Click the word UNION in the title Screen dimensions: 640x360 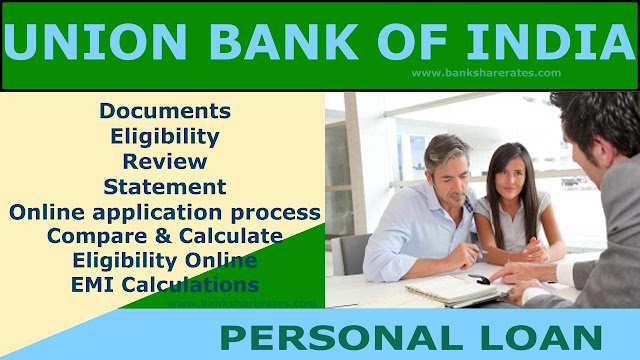(x=95, y=42)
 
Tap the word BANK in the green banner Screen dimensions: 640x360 (x=284, y=42)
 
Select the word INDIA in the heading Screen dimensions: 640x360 (x=551, y=42)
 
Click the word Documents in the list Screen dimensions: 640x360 (x=165, y=111)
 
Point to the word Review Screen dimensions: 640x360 (x=165, y=162)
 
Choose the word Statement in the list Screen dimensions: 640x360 (x=165, y=187)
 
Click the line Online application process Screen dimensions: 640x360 (x=165, y=213)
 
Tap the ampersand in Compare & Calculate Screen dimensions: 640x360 (x=163, y=236)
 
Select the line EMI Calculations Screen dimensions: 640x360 (x=165, y=285)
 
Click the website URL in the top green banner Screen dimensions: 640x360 (x=486, y=73)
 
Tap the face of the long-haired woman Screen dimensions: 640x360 (x=511, y=177)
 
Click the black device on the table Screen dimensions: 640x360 (x=479, y=279)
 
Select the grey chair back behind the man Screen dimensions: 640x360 (x=353, y=254)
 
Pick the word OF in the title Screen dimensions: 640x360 (x=412, y=42)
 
